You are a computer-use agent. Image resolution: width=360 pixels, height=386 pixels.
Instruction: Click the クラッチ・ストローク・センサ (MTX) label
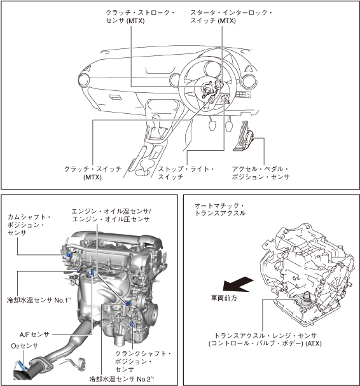[140, 17]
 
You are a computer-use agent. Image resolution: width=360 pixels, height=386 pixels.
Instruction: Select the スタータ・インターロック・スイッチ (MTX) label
[231, 17]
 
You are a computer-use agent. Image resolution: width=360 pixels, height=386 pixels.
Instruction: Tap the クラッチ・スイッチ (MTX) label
[93, 173]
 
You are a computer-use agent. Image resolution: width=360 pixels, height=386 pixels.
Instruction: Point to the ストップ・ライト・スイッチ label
[186, 173]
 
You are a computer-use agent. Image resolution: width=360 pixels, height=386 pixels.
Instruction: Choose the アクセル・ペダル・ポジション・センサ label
[261, 173]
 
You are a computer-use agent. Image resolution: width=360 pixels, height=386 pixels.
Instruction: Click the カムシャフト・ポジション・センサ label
[29, 224]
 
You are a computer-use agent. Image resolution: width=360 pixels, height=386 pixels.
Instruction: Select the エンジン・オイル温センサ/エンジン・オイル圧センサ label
[111, 215]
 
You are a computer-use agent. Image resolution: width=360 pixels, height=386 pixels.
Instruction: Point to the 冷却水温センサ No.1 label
[39, 300]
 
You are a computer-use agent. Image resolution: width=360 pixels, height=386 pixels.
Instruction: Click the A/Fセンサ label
[34, 334]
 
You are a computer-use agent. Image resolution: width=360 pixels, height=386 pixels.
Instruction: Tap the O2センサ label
[25, 346]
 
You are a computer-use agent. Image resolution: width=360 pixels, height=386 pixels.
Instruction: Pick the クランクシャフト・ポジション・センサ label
[143, 361]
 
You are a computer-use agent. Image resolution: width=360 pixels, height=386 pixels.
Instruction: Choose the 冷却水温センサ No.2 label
[121, 379]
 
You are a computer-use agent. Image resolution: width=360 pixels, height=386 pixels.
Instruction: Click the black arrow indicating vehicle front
[238, 284]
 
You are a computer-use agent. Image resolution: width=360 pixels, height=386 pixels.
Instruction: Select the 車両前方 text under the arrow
[224, 298]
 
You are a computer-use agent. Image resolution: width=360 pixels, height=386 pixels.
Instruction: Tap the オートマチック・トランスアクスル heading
[220, 209]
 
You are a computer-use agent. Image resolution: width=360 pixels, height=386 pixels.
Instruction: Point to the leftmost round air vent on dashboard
[83, 80]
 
